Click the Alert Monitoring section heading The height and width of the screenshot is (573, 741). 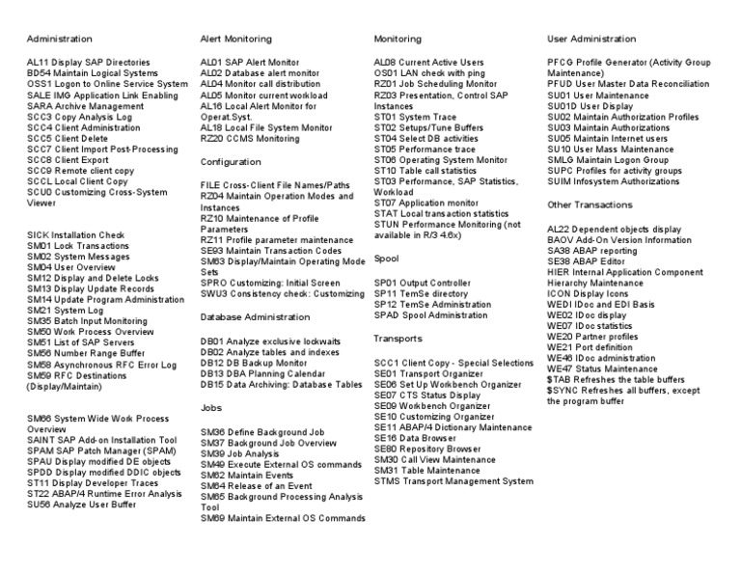tap(235, 40)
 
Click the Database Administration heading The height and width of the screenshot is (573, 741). tap(256, 316)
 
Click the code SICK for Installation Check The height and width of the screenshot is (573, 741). tap(38, 234)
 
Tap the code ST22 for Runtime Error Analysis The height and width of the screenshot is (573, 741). tap(38, 493)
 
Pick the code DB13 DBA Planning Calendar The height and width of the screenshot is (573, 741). tap(212, 372)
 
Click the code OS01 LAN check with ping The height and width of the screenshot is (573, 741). tap(385, 72)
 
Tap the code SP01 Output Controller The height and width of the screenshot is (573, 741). tap(385, 283)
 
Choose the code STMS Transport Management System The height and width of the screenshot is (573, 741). tap(387, 480)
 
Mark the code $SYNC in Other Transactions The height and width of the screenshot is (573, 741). tap(563, 390)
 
